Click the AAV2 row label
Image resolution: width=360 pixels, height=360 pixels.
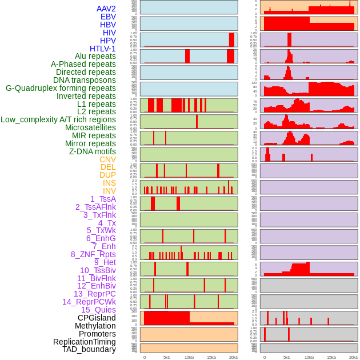(106, 9)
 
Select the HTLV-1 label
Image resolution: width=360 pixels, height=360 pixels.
(103, 49)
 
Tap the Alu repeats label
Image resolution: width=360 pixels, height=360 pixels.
(95, 57)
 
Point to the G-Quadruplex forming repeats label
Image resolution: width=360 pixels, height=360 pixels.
(61, 88)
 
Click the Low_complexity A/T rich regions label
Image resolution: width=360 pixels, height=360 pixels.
(58, 119)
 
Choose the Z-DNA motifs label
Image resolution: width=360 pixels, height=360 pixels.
(93, 151)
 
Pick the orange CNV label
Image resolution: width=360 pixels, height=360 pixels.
(107, 159)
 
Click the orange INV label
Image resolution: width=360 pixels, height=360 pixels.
(109, 191)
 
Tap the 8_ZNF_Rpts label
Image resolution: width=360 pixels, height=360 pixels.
(93, 254)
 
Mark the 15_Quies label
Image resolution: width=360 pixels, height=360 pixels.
(98, 310)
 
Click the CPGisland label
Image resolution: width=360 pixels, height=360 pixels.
(97, 318)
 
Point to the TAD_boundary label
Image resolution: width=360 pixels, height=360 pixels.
(89, 349)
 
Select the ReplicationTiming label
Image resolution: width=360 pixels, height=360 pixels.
(85, 342)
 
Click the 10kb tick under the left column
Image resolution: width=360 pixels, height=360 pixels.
(189, 357)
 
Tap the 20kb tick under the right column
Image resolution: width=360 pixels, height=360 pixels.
(353, 357)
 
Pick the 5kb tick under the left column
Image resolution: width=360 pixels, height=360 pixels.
(167, 357)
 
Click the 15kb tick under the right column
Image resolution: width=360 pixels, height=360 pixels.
(331, 357)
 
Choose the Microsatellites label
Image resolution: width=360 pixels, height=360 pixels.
(90, 127)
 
